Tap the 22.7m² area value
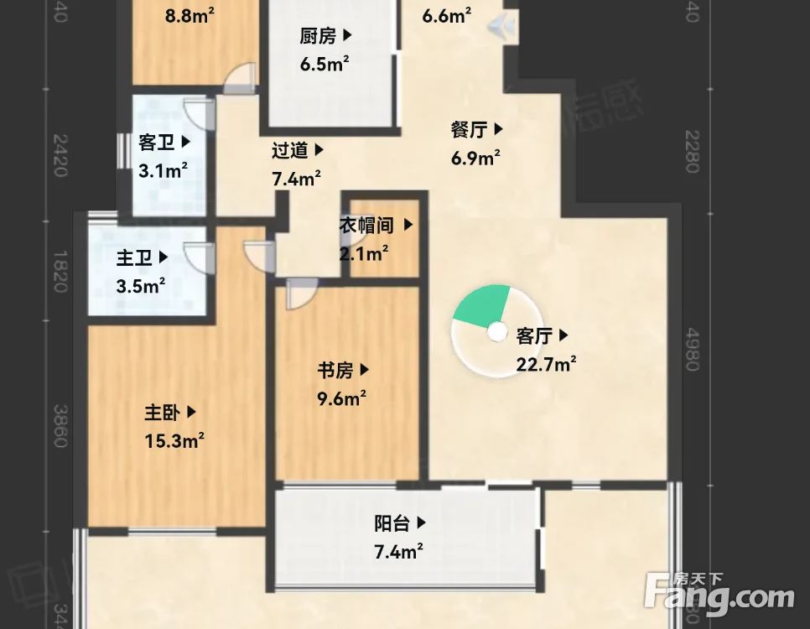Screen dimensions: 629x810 (x=546, y=364)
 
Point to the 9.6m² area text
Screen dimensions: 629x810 (x=341, y=398)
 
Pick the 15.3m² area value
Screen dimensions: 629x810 (x=175, y=440)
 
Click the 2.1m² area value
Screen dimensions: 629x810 (x=363, y=252)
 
